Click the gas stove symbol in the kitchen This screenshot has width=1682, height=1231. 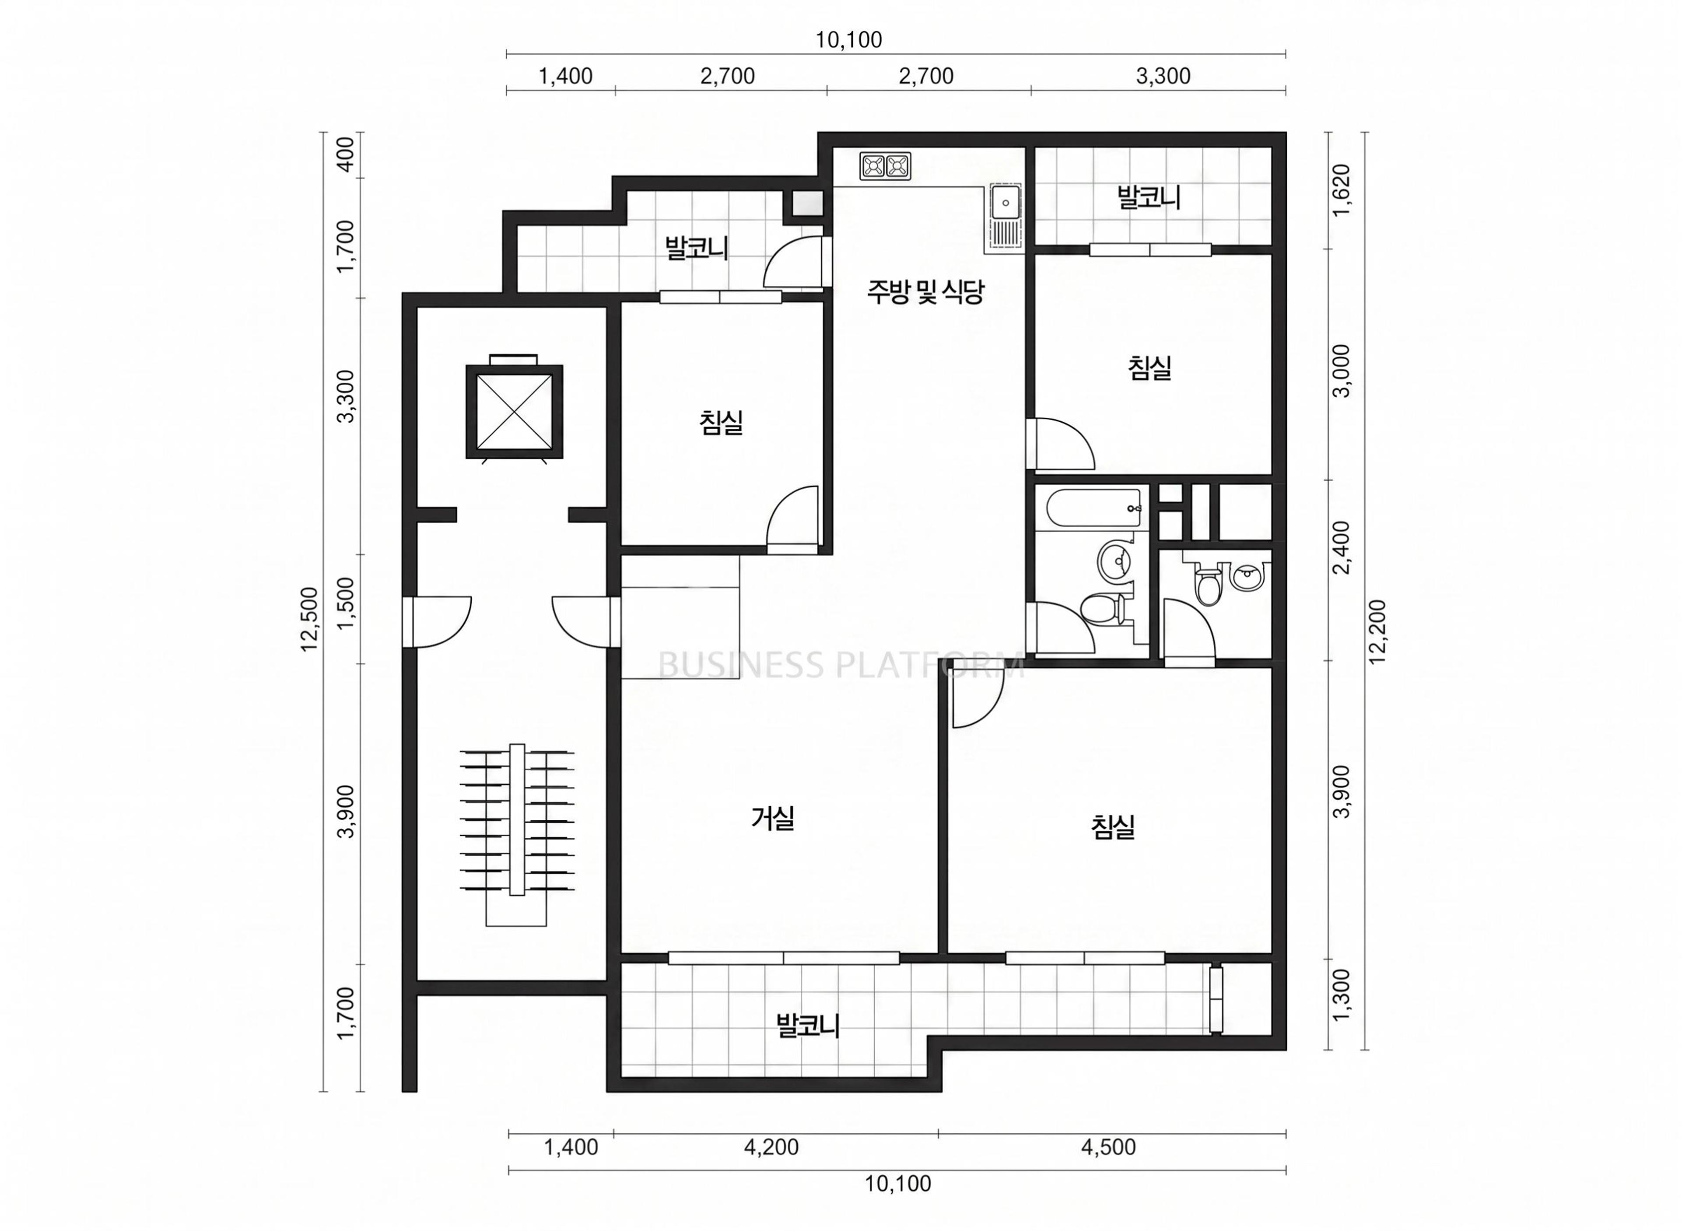(885, 166)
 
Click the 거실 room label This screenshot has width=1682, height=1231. (773, 818)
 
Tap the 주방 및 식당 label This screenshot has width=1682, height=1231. (924, 291)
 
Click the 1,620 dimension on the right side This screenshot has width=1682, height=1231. (1341, 190)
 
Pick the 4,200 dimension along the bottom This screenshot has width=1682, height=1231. (771, 1147)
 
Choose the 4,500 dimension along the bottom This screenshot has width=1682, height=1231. (1108, 1147)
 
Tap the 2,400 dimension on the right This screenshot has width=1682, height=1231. (1341, 548)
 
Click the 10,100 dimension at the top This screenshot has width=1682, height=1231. (848, 39)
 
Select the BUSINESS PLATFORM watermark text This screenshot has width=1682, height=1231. (841, 665)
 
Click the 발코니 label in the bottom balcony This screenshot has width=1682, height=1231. (808, 1025)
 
